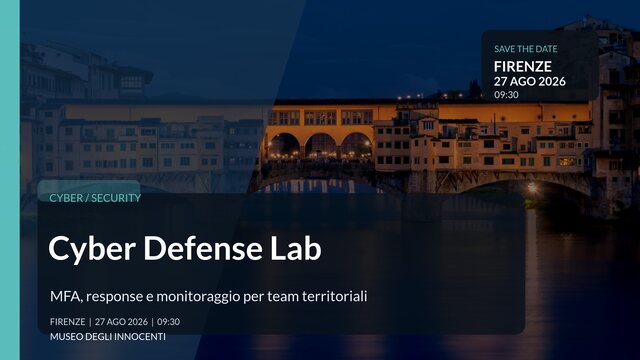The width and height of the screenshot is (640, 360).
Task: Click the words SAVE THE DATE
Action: click(x=526, y=48)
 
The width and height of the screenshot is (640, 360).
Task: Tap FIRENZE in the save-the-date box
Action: click(x=522, y=66)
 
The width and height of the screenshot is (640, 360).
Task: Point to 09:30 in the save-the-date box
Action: click(x=506, y=95)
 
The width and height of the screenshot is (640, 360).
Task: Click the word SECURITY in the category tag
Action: click(x=116, y=198)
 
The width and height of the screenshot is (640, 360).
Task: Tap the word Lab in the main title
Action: click(x=298, y=249)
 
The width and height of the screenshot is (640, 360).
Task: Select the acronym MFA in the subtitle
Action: click(x=65, y=296)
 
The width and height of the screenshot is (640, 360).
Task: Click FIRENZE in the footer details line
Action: click(x=67, y=322)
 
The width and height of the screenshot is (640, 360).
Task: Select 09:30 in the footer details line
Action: click(x=168, y=322)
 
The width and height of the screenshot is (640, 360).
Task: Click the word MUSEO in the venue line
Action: click(x=65, y=339)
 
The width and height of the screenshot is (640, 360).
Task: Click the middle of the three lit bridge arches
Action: click(x=320, y=146)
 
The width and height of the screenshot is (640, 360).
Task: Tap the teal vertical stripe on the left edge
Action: click(x=9, y=180)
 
